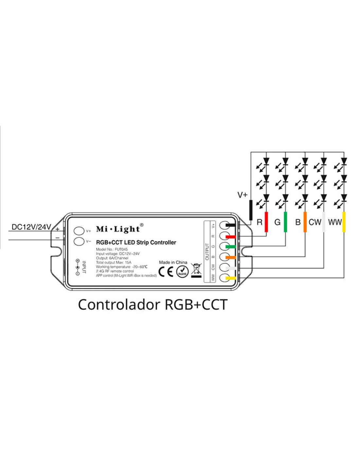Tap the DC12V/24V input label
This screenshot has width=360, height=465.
click(31, 227)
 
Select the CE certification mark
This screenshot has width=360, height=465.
click(166, 271)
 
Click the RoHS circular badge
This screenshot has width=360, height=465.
click(182, 271)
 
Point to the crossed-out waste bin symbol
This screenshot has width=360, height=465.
click(196, 269)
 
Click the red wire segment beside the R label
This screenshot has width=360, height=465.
click(266, 222)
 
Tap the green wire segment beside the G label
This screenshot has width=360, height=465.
click(285, 222)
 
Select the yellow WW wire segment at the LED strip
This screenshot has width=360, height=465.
click(344, 222)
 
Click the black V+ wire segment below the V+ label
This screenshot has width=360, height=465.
click(251, 210)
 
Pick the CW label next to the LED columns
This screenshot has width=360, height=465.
click(315, 222)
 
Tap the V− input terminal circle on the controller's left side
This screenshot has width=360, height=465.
click(79, 241)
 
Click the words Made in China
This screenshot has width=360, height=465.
click(173, 262)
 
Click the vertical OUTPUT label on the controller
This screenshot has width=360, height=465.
click(207, 251)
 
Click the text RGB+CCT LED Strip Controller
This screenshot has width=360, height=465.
click(136, 242)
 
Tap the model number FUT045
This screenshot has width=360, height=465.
click(121, 249)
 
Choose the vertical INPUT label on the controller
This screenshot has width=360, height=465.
click(84, 267)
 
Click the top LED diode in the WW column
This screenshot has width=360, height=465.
click(344, 161)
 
